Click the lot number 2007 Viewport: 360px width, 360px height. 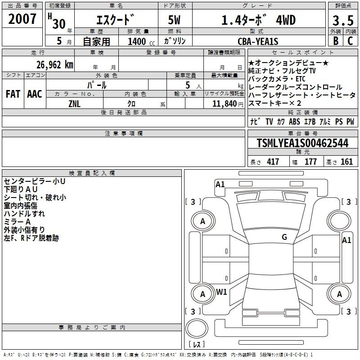(22, 19)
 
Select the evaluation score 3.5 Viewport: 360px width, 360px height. (343, 20)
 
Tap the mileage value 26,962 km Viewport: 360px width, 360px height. (55, 65)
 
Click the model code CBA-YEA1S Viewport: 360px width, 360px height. (258, 41)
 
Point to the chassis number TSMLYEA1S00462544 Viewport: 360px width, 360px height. (302, 143)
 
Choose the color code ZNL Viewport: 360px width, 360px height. (75, 104)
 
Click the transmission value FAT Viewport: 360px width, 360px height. (13, 94)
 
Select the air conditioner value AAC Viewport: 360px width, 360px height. (35, 94)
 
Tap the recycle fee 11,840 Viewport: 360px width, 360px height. (225, 104)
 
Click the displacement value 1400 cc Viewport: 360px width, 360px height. (141, 41)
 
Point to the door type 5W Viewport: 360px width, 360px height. (174, 20)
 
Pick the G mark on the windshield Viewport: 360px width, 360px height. (284, 237)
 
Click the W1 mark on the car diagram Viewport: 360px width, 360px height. (221, 292)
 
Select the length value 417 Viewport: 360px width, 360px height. (273, 162)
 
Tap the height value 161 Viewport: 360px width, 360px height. (346, 162)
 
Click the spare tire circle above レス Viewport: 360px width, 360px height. (197, 328)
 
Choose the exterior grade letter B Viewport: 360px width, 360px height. (336, 41)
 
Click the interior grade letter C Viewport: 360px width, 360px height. (350, 41)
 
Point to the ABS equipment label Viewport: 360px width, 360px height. (294, 121)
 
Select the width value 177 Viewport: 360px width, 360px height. (310, 162)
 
